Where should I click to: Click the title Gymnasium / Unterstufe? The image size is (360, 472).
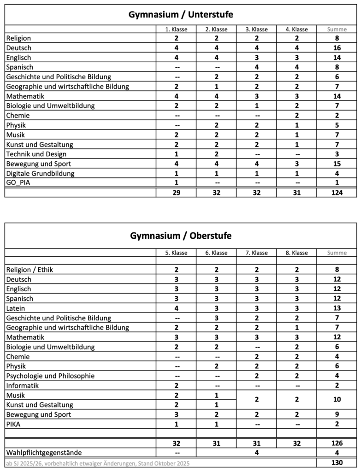coord(180,15)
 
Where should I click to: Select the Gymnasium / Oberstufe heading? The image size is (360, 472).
coord(180,236)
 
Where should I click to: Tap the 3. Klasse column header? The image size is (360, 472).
coord(256,29)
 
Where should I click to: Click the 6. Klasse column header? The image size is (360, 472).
coord(216,253)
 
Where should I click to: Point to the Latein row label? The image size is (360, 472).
coord(16,308)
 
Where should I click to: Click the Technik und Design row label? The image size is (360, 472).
coord(36,154)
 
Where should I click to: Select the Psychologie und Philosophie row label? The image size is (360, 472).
coord(50,376)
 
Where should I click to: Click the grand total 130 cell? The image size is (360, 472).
coord(336,463)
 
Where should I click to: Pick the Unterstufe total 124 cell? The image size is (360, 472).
coord(336,193)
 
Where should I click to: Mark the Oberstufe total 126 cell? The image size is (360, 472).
coord(336,443)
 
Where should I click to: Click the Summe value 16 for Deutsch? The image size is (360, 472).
coord(336,48)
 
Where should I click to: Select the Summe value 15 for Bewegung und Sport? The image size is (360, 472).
coord(336,164)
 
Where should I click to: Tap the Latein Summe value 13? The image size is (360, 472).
coord(336,308)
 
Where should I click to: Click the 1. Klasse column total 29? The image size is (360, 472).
coord(176,193)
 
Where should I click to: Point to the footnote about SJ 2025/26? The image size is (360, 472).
coord(97,463)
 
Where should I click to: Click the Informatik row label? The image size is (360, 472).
coord(22,386)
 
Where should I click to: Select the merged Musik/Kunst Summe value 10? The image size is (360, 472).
coord(336,400)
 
